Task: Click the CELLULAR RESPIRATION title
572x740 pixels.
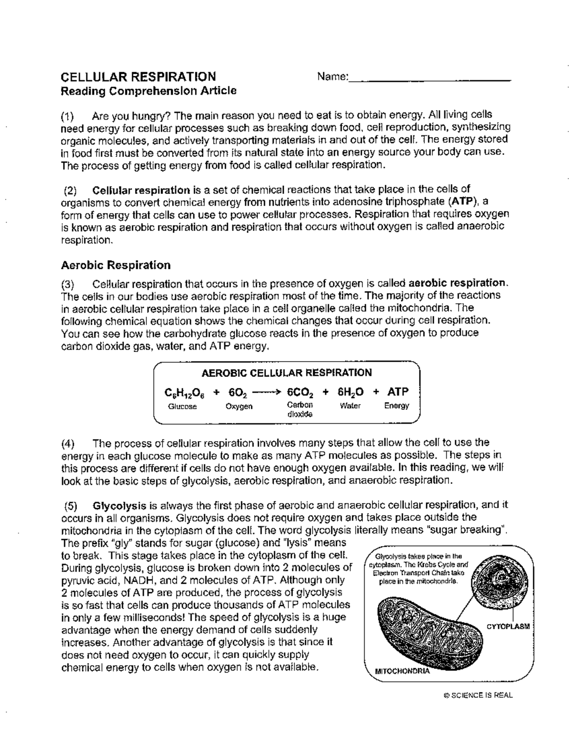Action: click(139, 77)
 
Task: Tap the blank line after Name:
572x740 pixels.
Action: click(429, 79)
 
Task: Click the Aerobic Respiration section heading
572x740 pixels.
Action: click(116, 265)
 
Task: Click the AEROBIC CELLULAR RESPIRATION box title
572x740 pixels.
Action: click(287, 373)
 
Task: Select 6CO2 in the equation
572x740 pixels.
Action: click(300, 393)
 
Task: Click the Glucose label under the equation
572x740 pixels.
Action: click(182, 406)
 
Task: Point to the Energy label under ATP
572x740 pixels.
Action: click(397, 406)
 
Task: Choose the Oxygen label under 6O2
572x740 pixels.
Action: click(239, 406)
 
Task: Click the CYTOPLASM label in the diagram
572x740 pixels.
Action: click(508, 626)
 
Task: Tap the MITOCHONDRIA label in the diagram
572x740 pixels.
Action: click(402, 671)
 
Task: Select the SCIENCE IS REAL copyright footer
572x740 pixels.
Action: click(478, 695)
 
